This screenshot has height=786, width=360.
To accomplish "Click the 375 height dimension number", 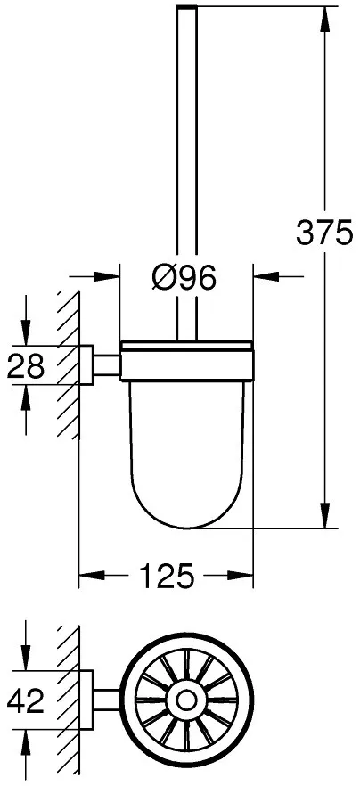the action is (x=324, y=233).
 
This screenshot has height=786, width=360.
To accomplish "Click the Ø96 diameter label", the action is (x=184, y=276).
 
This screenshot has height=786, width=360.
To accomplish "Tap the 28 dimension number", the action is (x=26, y=366).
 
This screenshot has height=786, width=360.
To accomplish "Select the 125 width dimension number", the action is (x=167, y=576).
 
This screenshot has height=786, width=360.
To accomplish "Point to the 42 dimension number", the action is (x=26, y=700).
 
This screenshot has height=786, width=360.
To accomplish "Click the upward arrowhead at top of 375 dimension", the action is (x=325, y=19).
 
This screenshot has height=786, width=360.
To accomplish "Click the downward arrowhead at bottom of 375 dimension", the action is (x=325, y=515).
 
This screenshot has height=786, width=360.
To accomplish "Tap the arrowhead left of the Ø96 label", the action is (x=107, y=275).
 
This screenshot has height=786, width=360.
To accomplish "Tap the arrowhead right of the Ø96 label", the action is (x=266, y=275).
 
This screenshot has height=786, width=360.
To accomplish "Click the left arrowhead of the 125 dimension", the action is (x=92, y=576).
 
